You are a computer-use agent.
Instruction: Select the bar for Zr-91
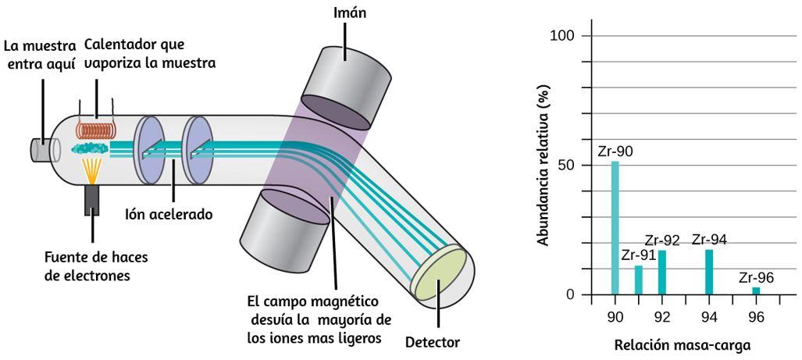[638, 280]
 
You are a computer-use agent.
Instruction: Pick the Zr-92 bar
[661, 273]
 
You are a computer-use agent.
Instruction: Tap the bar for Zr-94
[709, 273]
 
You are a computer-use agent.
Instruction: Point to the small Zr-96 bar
[756, 291]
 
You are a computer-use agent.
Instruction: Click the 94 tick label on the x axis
[709, 317]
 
